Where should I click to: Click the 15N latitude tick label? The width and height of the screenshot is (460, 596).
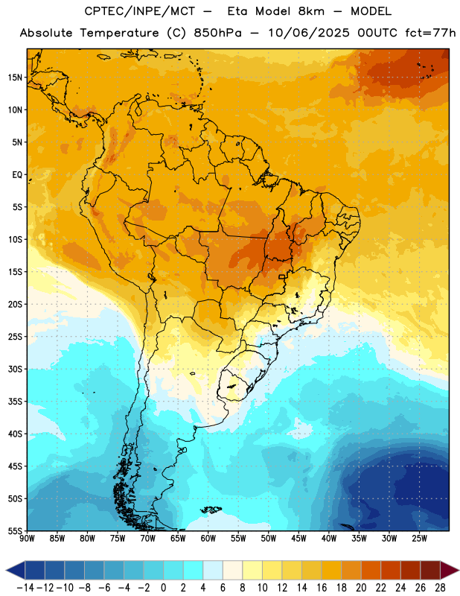15,77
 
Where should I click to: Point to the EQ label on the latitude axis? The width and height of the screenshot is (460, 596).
17,175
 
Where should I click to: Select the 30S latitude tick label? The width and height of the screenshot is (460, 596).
15,369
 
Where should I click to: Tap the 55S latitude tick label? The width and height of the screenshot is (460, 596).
15,531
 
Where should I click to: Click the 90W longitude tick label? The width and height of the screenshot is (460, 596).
28,539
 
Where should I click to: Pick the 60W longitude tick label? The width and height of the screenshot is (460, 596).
208,539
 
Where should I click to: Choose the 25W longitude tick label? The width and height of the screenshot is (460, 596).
419,539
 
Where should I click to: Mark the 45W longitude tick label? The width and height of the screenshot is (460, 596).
298,539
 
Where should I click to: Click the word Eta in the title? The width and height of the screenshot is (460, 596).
237,11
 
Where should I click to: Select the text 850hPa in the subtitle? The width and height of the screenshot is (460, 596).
217,33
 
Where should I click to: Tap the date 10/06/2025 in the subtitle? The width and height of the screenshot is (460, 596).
309,33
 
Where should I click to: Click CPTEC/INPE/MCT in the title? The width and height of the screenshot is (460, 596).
140,11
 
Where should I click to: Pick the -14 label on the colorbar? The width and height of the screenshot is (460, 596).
25,588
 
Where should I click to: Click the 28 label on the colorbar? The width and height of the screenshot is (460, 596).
440,588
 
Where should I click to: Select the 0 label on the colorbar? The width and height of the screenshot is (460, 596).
163,588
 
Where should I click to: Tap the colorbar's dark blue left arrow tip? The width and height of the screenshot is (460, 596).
7,571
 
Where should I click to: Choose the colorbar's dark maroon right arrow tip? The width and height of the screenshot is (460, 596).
459,571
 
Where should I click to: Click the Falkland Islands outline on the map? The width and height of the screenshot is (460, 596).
211,510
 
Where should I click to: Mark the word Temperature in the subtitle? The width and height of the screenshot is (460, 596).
119,33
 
